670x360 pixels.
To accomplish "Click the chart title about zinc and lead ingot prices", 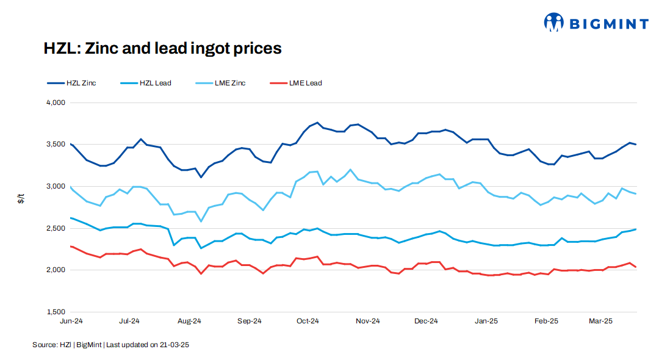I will tap(162, 48).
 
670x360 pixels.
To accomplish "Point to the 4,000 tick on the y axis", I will tap(56, 103).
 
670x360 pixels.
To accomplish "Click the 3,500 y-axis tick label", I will tap(56, 145).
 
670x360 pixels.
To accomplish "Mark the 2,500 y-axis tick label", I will tap(56, 228).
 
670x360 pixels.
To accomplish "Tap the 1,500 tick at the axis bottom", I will tap(56, 312).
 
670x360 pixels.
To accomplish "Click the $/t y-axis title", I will tap(21, 198).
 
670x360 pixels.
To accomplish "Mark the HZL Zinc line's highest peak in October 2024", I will tap(317, 123).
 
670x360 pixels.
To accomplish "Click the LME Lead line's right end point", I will tap(636, 267).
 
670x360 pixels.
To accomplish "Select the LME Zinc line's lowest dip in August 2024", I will tap(201, 221).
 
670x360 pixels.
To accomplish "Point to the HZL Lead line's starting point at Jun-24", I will tap(71, 218).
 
